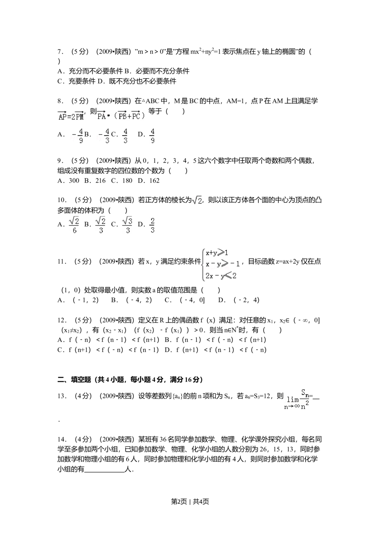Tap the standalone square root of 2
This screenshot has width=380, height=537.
pyautogui.click(x=198, y=200)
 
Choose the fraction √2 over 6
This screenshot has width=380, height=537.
pyautogui.click(x=73, y=226)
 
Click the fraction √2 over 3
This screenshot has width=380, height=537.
pyautogui.click(x=100, y=226)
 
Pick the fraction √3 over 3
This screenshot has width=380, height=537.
pyautogui.click(x=128, y=226)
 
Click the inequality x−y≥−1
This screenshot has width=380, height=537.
pyautogui.click(x=223, y=264)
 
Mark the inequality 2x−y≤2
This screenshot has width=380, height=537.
pyautogui.click(x=221, y=276)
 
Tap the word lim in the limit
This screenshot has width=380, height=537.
pyautogui.click(x=293, y=400)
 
